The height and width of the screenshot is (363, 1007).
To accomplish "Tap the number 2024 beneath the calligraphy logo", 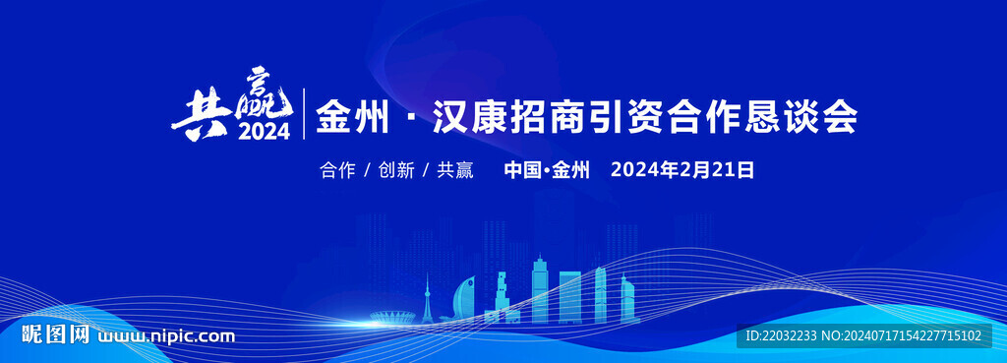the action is [x=265, y=132].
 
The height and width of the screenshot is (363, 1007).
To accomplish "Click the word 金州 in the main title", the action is [x=351, y=118].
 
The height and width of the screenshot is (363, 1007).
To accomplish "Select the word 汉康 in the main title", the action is [x=469, y=118].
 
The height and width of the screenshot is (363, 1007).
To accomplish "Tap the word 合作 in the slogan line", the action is [x=337, y=170].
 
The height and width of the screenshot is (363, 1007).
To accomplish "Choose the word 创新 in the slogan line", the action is [x=396, y=170].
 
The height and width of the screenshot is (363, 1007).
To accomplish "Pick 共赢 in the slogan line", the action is [x=455, y=170].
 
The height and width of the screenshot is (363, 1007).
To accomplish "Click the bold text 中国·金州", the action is [x=547, y=170].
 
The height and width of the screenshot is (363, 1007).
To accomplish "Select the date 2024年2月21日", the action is [x=682, y=170].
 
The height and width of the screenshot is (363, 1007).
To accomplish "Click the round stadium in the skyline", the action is [x=393, y=317].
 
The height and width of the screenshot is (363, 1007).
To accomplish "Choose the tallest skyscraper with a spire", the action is [x=540, y=288].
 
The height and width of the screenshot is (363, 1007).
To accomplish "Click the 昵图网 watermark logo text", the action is [x=55, y=334].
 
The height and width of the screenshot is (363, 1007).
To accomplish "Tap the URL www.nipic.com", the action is [x=165, y=336].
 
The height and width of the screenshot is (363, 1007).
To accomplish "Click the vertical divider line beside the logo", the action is [x=304, y=114].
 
